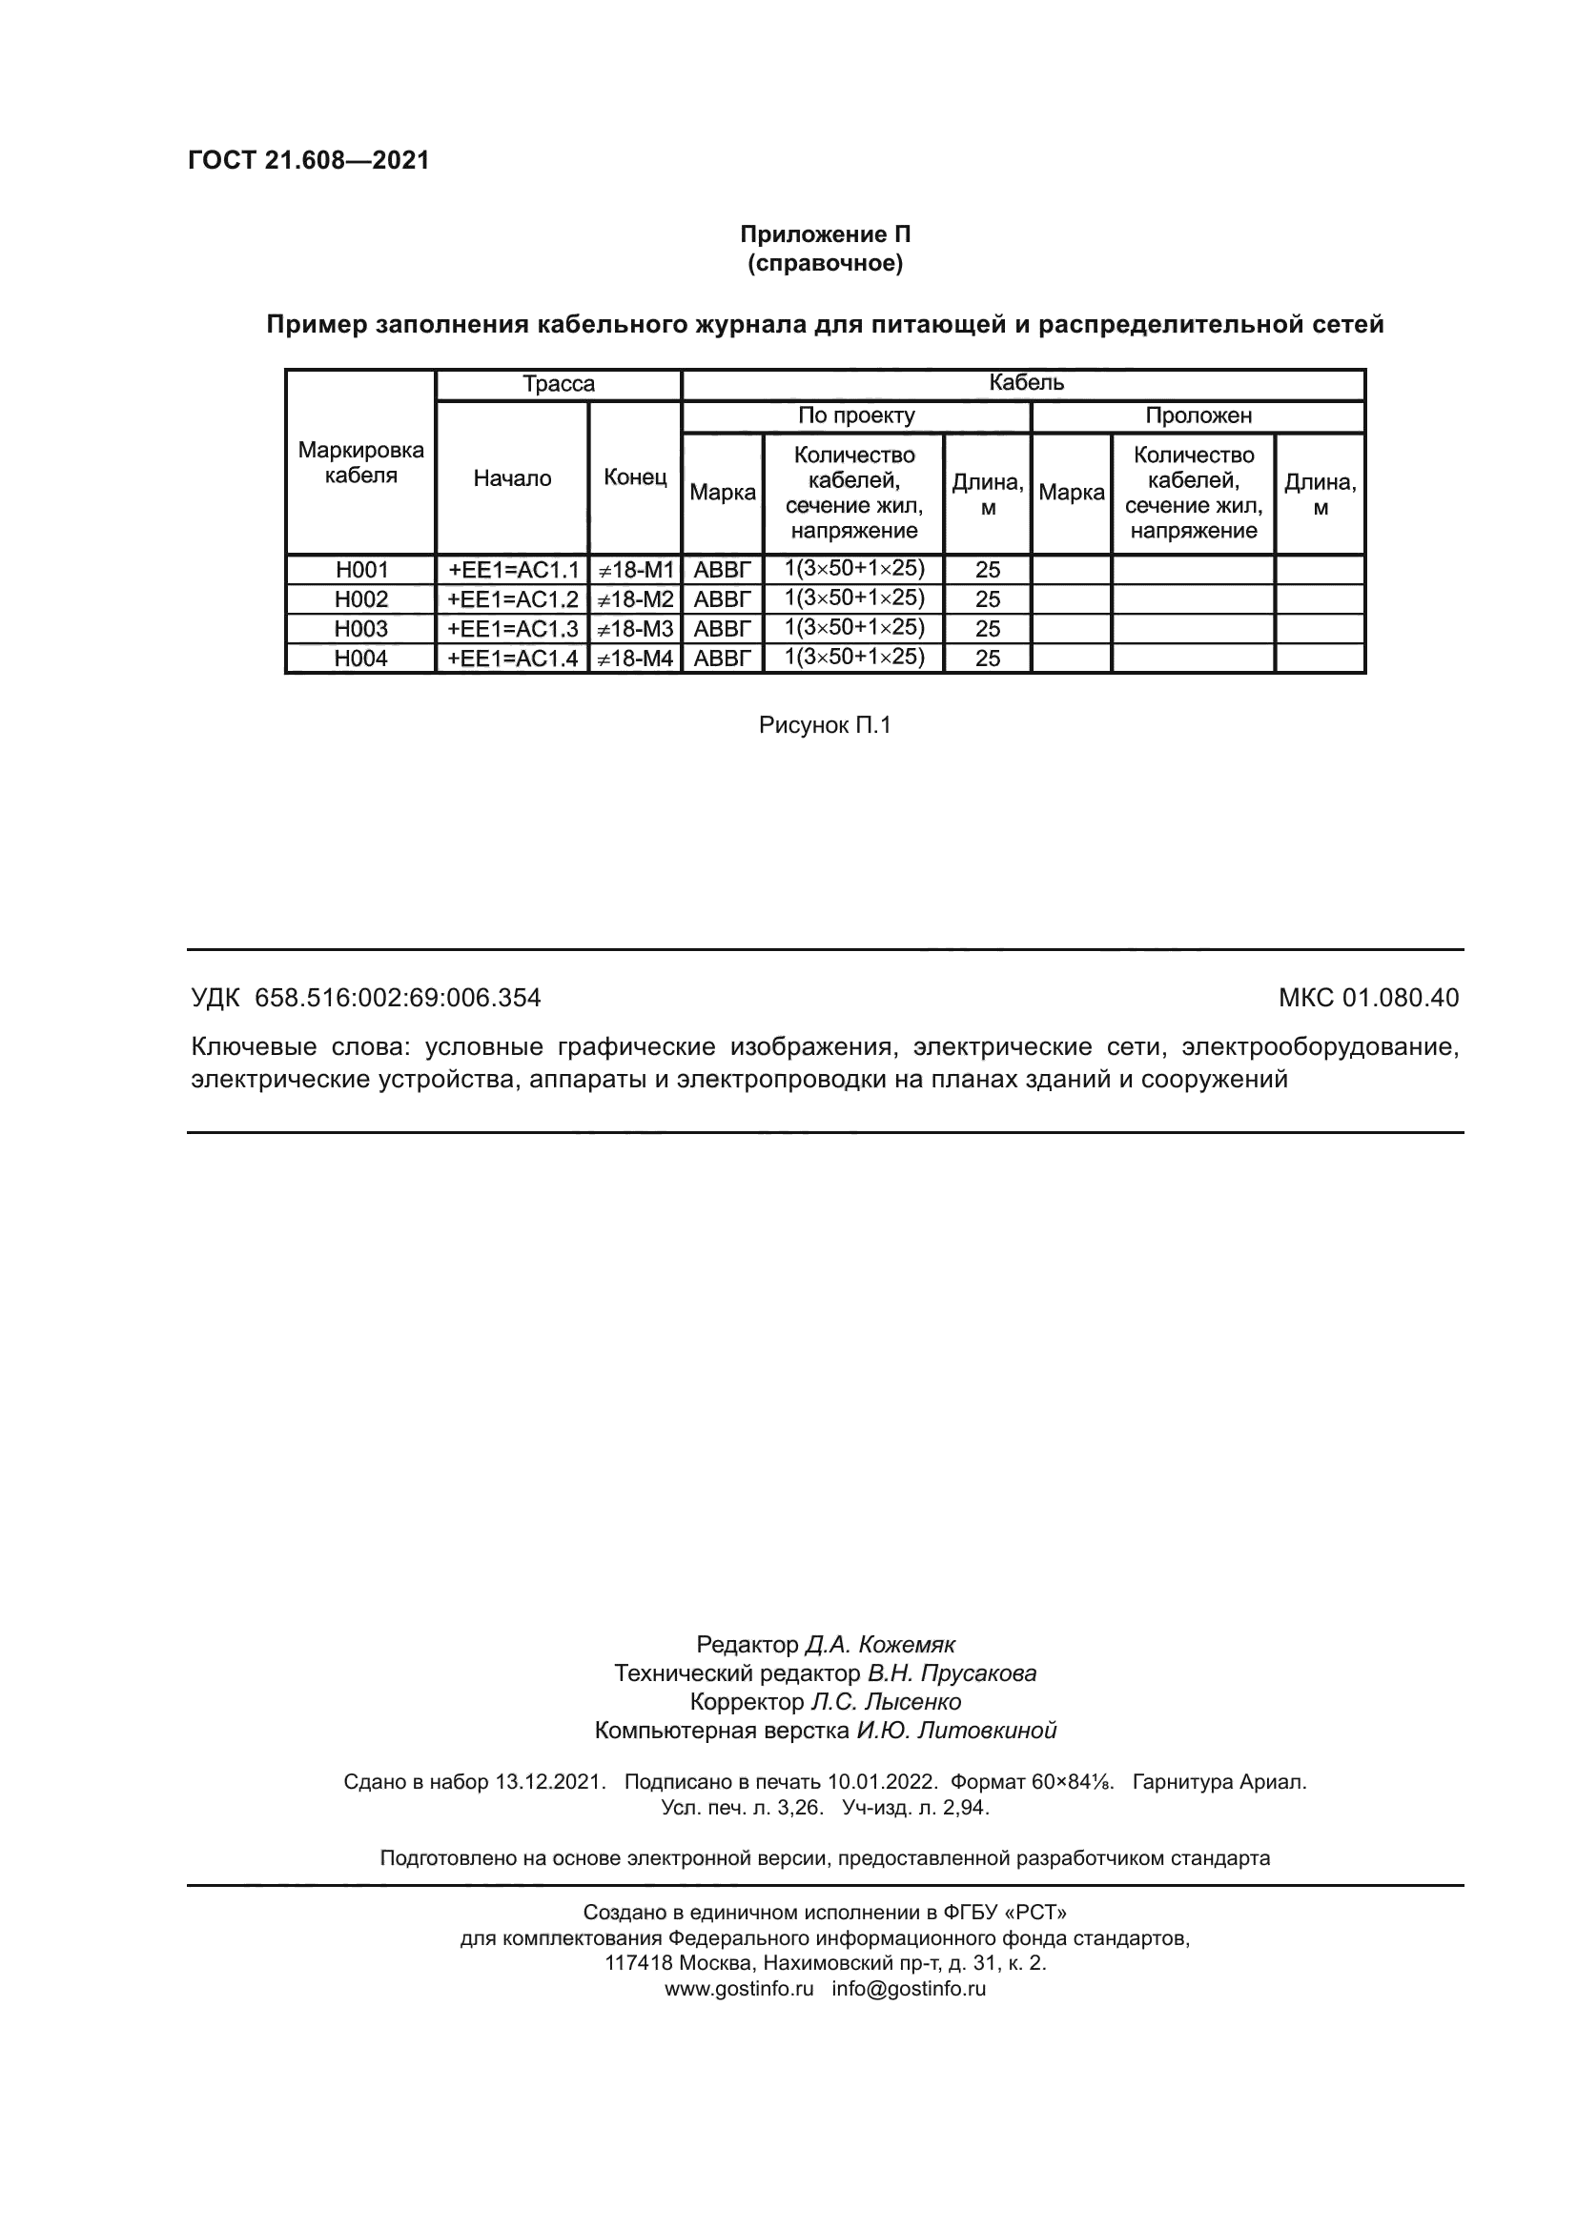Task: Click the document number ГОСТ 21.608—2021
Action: pyautogui.click(x=308, y=160)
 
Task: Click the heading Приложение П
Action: pyautogui.click(x=825, y=234)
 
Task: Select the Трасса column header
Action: pyautogui.click(x=559, y=383)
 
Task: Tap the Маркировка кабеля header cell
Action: pyautogui.click(x=360, y=462)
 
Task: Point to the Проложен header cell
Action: pyautogui.click(x=1198, y=415)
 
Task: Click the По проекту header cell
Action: pyautogui.click(x=855, y=415)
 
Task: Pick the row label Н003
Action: pyautogui.click(x=360, y=628)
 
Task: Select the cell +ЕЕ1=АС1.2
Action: pyautogui.click(x=512, y=599)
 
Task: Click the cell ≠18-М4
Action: pyautogui.click(x=634, y=659)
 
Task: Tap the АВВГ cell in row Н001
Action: pyautogui.click(x=723, y=570)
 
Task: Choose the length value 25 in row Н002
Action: pyautogui.click(x=987, y=599)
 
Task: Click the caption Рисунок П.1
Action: pyautogui.click(x=825, y=725)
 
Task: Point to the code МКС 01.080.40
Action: pyautogui.click(x=1367, y=997)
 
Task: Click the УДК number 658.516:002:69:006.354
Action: pyautogui.click(x=398, y=997)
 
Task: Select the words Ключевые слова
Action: pyautogui.click(x=301, y=1046)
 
